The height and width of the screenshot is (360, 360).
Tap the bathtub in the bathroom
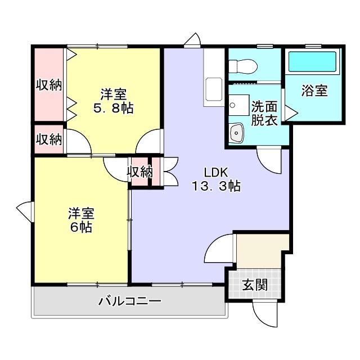pos(313,62)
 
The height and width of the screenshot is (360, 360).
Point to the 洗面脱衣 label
pos(264,113)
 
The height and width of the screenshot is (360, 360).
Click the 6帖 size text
pos(81,227)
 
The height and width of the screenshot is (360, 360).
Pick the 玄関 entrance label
pos(255,285)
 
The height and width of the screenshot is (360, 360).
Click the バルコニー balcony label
pos(130,301)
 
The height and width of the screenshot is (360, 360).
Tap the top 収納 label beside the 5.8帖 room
pos(49,85)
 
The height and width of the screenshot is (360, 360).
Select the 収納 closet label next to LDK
pos(139,172)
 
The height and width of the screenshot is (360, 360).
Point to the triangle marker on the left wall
pos(24,211)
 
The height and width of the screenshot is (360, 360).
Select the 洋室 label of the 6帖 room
pos(81,214)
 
